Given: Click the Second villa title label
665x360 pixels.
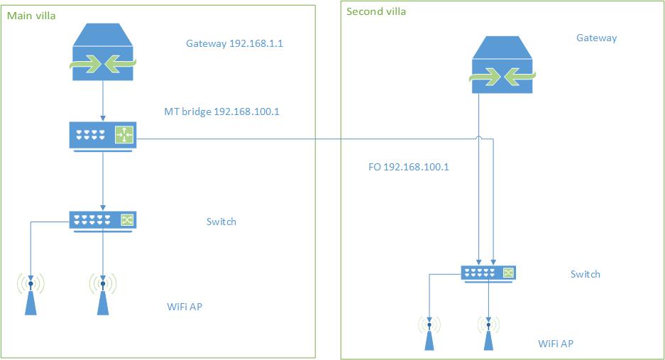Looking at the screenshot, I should click(x=376, y=11).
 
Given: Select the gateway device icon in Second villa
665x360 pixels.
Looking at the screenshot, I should click(x=502, y=65).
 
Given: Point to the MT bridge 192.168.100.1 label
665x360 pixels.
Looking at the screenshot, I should click(x=221, y=111).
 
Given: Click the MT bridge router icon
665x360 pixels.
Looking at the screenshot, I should click(x=103, y=134).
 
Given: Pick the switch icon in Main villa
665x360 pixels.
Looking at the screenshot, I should click(x=103, y=220).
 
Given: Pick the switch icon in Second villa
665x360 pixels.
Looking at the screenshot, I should click(x=488, y=273).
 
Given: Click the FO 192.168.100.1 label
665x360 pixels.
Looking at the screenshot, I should click(x=408, y=168).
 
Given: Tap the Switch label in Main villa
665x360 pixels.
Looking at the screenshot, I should click(x=221, y=222).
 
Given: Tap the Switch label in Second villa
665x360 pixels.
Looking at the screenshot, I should click(x=585, y=274).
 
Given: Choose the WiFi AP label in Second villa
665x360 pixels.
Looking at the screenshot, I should click(x=555, y=344).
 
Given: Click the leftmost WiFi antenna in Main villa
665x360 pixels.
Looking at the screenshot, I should click(x=31, y=294).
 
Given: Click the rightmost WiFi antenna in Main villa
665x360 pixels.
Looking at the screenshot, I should click(x=103, y=294).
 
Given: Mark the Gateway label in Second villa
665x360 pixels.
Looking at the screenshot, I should click(x=596, y=38).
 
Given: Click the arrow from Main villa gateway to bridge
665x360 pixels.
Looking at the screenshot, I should click(x=103, y=99).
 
